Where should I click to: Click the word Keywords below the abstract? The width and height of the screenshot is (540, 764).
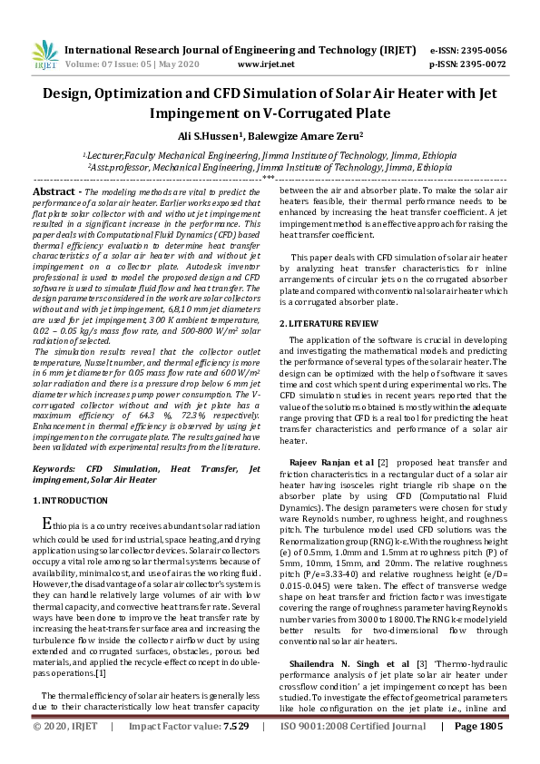tap(54, 469)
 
